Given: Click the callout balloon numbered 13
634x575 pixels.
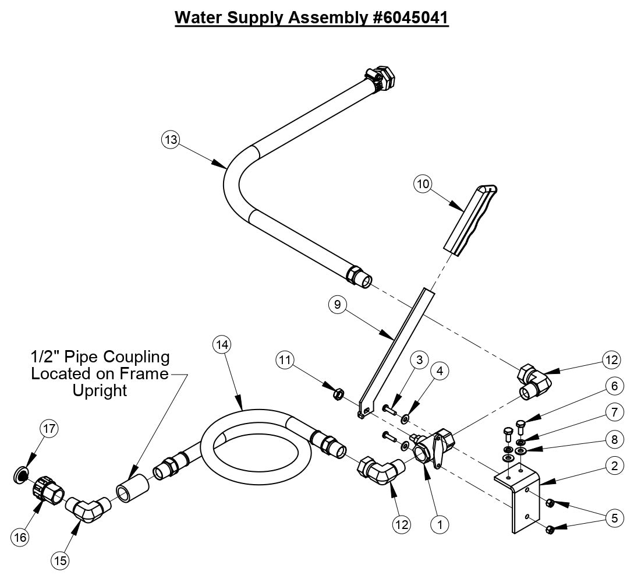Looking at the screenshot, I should pyautogui.click(x=170, y=140).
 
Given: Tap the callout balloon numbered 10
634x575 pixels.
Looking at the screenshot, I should pyautogui.click(x=424, y=184).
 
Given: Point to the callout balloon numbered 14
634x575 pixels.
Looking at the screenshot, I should pyautogui.click(x=222, y=344).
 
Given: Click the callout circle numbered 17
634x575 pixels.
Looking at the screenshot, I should pyautogui.click(x=49, y=429).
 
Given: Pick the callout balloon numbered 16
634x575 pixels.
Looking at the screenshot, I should pyautogui.click(x=21, y=537).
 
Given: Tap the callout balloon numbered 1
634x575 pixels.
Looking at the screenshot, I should pyautogui.click(x=440, y=524).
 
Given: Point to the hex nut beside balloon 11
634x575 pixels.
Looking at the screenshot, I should pyautogui.click(x=337, y=394).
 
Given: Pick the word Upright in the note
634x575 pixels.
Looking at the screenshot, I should pyautogui.click(x=100, y=390).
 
